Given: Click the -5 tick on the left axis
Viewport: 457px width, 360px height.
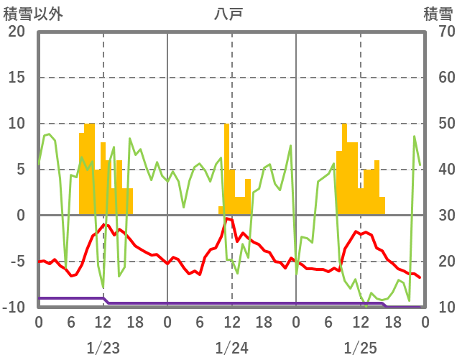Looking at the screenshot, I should click(x=16, y=262).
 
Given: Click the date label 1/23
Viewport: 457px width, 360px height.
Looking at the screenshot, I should click(x=103, y=349).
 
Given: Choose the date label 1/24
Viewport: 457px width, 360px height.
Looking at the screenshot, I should click(x=231, y=349).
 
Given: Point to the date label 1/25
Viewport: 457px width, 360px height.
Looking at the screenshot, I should click(x=360, y=349).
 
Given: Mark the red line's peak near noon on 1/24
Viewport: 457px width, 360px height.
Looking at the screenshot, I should click(x=226, y=218).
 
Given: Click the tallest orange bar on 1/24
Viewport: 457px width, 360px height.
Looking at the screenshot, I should click(x=226, y=169).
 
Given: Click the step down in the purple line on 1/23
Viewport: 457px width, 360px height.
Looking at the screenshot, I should click(x=106, y=301).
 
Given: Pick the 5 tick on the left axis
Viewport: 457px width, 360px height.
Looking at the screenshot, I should click(x=19, y=170).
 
